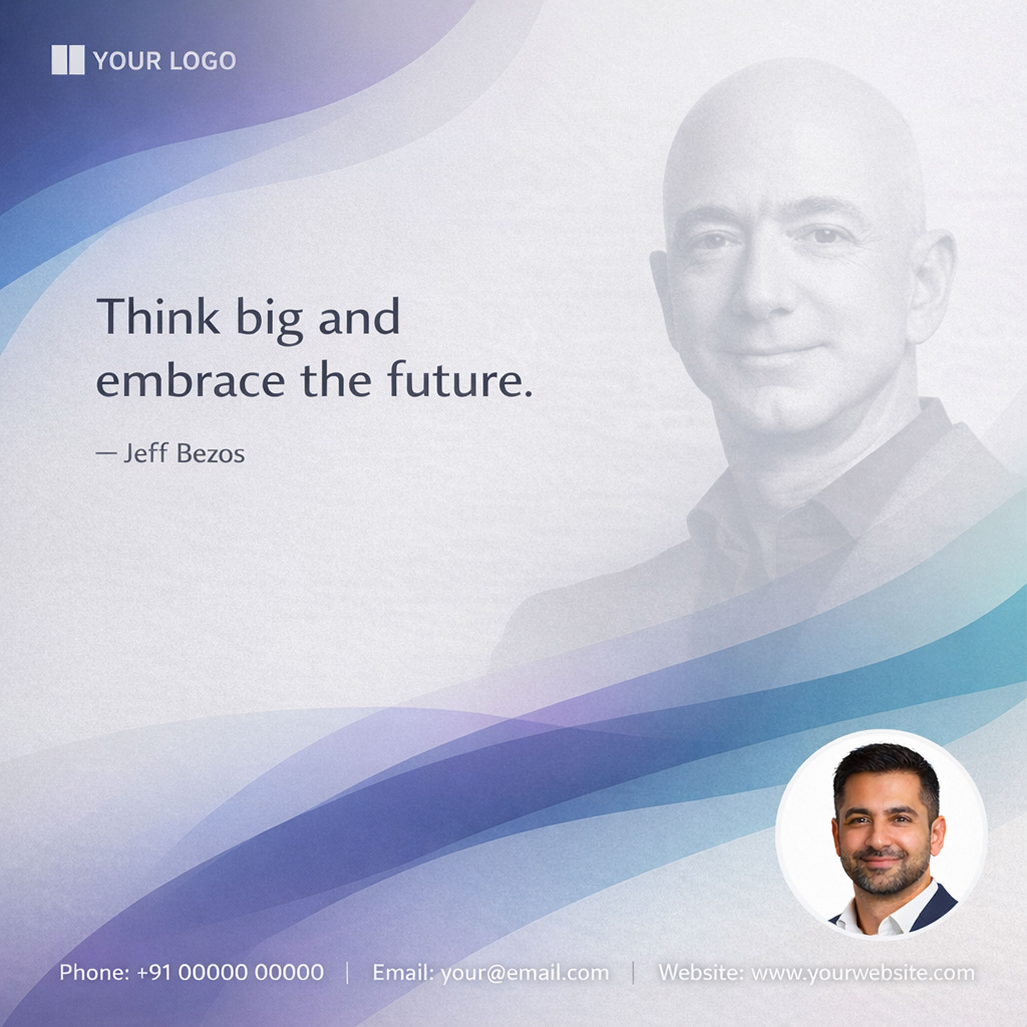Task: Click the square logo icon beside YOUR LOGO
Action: tap(68, 60)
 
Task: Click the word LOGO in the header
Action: tap(203, 61)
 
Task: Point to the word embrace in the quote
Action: tap(190, 380)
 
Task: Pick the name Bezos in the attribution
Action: tap(211, 453)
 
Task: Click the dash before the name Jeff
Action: tap(106, 453)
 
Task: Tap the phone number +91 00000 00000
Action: tap(230, 972)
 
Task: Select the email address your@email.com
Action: tap(525, 972)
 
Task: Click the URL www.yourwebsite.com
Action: tap(863, 972)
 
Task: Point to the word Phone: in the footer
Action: tap(94, 972)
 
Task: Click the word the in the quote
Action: tap(336, 380)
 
